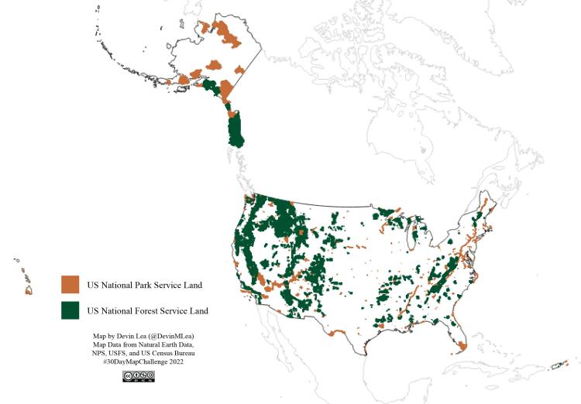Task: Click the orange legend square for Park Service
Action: (70, 285)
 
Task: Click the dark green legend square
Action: (70, 310)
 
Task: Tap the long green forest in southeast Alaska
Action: (235, 130)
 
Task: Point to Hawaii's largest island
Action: (29, 291)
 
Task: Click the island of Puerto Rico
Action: (556, 366)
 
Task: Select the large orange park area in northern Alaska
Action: (227, 32)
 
